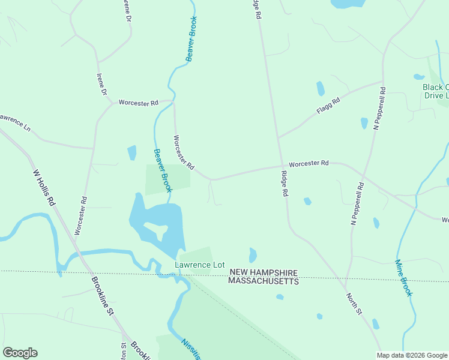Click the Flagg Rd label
(x=328, y=106)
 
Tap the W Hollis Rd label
(x=44, y=188)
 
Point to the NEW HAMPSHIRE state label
(x=264, y=272)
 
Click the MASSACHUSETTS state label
(x=264, y=281)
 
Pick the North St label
(x=355, y=304)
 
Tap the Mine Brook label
(x=403, y=277)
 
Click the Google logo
(x=20, y=353)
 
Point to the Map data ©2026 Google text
(x=412, y=355)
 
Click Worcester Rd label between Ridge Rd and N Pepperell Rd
(x=309, y=163)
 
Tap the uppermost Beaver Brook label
(x=191, y=39)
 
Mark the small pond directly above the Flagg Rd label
(x=321, y=89)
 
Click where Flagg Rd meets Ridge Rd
(x=278, y=137)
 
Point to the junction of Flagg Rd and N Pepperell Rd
(x=382, y=82)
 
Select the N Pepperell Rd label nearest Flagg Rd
(x=378, y=109)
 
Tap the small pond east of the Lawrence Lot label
(x=253, y=255)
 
